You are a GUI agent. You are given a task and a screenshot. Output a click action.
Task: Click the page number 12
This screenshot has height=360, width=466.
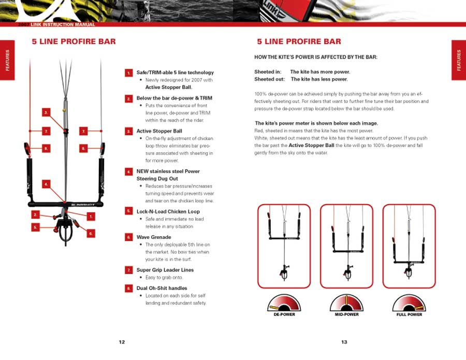pyautogui.click(x=122, y=342)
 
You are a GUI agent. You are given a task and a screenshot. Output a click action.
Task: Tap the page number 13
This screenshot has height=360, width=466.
pyautogui.click(x=344, y=342)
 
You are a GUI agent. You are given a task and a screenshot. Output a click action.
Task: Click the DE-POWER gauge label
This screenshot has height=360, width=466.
pyautogui.click(x=284, y=314)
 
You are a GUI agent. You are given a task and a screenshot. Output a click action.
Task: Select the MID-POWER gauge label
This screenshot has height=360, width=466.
pyautogui.click(x=347, y=314)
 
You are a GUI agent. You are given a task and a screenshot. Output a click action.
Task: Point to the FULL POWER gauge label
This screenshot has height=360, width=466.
pyautogui.click(x=409, y=314)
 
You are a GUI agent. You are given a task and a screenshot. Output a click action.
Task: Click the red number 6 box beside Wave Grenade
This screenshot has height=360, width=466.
pyautogui.click(x=128, y=237)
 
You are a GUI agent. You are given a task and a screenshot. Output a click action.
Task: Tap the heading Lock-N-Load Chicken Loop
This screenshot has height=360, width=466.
pyautogui.click(x=168, y=211)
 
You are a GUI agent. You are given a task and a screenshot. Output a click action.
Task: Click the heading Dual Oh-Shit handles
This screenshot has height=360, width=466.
pyautogui.click(x=162, y=288)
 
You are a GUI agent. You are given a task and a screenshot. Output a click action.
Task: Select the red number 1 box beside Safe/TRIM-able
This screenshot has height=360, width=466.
pyautogui.click(x=128, y=73)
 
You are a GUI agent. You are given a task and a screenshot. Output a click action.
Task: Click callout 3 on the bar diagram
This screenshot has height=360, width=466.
pyautogui.click(x=46, y=112)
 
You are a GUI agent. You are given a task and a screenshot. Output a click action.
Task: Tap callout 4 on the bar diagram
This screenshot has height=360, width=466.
pyautogui.click(x=46, y=184)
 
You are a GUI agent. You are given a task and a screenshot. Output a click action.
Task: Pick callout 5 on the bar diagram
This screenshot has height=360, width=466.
pyautogui.click(x=35, y=227)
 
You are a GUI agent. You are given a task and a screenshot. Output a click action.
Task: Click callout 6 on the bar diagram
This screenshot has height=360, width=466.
pyautogui.click(x=91, y=234)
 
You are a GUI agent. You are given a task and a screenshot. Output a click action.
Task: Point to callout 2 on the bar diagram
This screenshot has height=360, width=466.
pyautogui.click(x=35, y=214)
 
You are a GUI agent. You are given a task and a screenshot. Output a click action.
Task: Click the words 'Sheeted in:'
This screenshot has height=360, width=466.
pyautogui.click(x=268, y=72)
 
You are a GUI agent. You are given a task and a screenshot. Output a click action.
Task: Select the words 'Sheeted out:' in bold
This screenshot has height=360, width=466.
pyautogui.click(x=269, y=79)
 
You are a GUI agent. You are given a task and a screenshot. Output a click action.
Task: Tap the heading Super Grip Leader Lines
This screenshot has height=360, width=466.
pyautogui.click(x=165, y=270)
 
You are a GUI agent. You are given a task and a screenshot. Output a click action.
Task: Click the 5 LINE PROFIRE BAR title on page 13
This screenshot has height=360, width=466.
pyautogui.click(x=299, y=41)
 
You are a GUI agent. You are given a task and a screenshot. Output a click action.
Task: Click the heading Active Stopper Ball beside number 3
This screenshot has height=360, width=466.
pyautogui.click(x=159, y=131)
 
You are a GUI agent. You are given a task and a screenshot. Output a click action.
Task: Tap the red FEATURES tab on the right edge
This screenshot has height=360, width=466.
pyautogui.click(x=458, y=60)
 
